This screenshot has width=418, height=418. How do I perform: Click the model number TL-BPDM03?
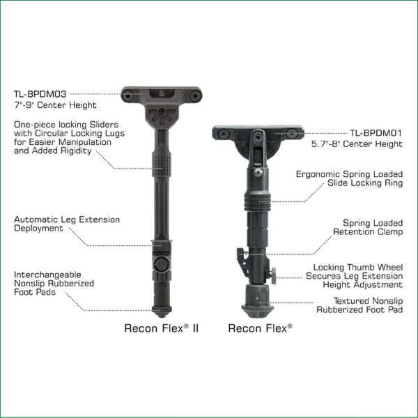pos(40,94)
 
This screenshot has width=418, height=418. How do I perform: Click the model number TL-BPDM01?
pos(376,133)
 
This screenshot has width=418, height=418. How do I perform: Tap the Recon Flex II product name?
pos(162,328)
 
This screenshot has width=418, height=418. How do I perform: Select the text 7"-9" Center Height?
pos(55,105)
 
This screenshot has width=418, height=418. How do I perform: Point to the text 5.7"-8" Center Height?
pos(357,144)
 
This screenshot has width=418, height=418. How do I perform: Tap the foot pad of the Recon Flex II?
pos(162,311)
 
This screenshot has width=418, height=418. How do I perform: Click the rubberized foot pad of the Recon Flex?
pos(258,301)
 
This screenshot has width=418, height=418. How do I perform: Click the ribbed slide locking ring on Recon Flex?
pos(257,202)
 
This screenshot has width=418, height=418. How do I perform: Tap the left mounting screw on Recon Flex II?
pos(128,95)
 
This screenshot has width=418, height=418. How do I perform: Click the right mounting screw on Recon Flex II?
pos(195,95)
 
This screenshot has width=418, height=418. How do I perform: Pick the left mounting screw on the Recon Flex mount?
pos(224,133)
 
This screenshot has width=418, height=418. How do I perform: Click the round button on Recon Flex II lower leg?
pos(162,264)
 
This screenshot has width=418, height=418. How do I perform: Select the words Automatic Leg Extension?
pos(67,219)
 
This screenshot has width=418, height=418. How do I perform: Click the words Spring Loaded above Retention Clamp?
pos(373,223)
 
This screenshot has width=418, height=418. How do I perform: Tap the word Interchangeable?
pos(47,274)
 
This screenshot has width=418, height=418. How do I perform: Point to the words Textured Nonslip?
pos(368,301)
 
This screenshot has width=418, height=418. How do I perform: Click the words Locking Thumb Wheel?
pos(358,267)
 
